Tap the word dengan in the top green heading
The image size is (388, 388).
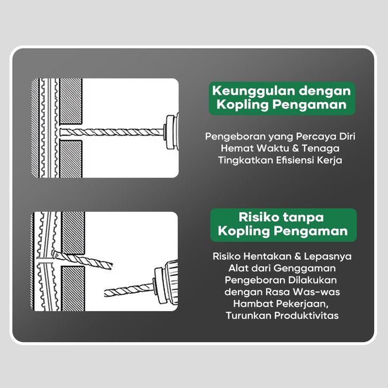coord(325,91)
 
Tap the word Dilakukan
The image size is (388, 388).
coord(313,280)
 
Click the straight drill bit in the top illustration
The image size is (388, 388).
coord(112,132)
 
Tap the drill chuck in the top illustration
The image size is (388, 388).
coord(172,133)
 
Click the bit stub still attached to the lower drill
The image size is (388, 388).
coord(129,290)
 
